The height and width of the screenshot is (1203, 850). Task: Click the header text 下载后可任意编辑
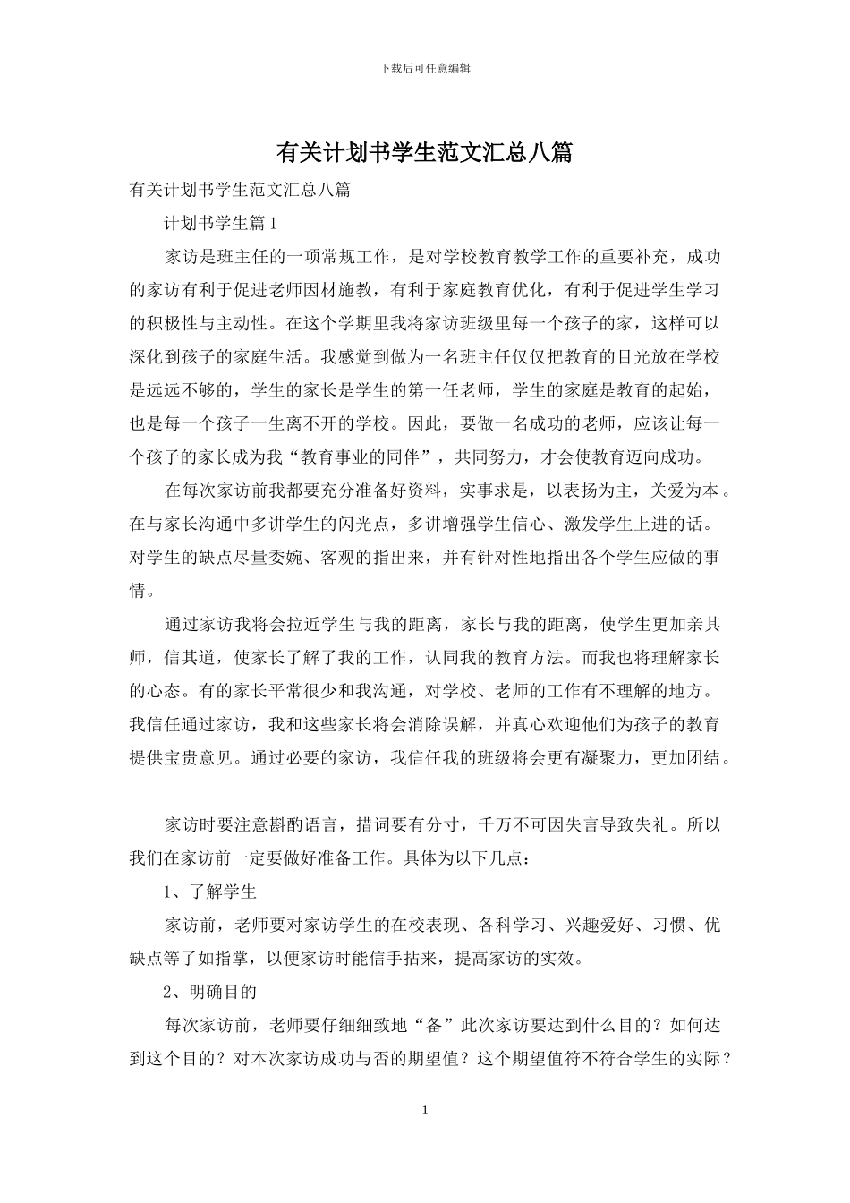(425, 68)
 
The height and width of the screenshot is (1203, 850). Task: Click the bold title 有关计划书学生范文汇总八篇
(424, 153)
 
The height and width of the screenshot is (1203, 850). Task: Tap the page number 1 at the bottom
(425, 1111)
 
